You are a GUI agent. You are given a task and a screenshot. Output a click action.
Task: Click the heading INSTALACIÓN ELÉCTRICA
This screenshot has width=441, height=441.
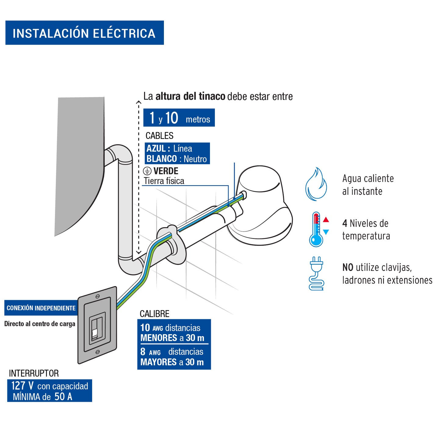(x=84, y=33)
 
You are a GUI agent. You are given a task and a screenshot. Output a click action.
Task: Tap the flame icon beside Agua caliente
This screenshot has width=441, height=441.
(x=316, y=184)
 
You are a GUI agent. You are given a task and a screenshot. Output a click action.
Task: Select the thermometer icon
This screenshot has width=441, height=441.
(x=316, y=230)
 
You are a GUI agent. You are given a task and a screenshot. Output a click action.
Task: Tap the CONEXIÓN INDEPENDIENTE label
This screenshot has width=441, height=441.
(x=41, y=308)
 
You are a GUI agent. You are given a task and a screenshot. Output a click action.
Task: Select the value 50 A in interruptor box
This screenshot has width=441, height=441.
(x=63, y=396)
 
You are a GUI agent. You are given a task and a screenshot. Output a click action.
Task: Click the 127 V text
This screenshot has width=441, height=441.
(x=22, y=386)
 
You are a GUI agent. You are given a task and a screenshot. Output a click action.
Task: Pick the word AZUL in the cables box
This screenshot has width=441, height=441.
(x=156, y=149)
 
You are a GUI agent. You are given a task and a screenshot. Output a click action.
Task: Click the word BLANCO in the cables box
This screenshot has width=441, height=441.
(x=161, y=159)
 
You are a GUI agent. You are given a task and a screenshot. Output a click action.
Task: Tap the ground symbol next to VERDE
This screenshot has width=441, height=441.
(x=147, y=171)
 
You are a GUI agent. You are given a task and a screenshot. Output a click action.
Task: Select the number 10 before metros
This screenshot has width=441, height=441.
(x=172, y=118)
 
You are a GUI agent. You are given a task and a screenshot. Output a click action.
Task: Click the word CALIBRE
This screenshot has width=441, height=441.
(x=154, y=314)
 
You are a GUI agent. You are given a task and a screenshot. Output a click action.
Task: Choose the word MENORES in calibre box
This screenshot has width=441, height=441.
(x=159, y=338)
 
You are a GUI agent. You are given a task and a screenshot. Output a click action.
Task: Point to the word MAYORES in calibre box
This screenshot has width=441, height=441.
(x=159, y=362)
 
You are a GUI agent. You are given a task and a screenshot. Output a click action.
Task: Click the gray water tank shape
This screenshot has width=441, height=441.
(x=79, y=159)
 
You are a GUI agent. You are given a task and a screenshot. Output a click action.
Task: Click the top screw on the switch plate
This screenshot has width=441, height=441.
(x=98, y=296)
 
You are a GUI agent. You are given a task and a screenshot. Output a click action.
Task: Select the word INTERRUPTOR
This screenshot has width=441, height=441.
(x=34, y=373)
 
